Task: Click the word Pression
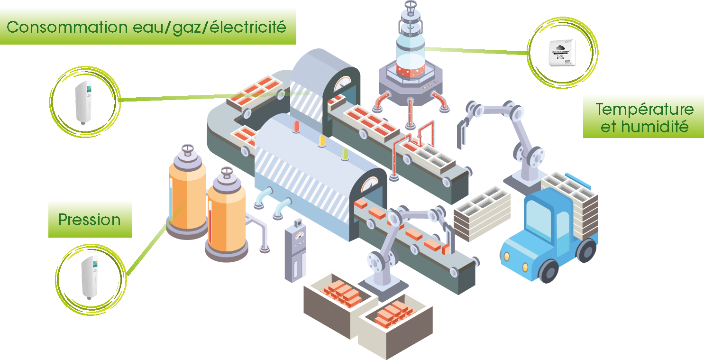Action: [90, 220]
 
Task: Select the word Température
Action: [645, 110]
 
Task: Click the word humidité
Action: [655, 127]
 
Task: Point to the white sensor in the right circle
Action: [562, 53]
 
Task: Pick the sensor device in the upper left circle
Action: [83, 102]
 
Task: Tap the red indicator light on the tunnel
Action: [296, 126]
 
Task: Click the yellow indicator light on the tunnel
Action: [322, 141]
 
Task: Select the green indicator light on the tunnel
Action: [345, 154]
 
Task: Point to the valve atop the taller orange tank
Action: [188, 150]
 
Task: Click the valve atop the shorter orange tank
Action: [227, 173]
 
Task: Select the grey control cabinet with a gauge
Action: [295, 250]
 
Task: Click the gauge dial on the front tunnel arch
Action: [369, 185]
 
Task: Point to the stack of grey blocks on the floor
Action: [482, 214]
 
